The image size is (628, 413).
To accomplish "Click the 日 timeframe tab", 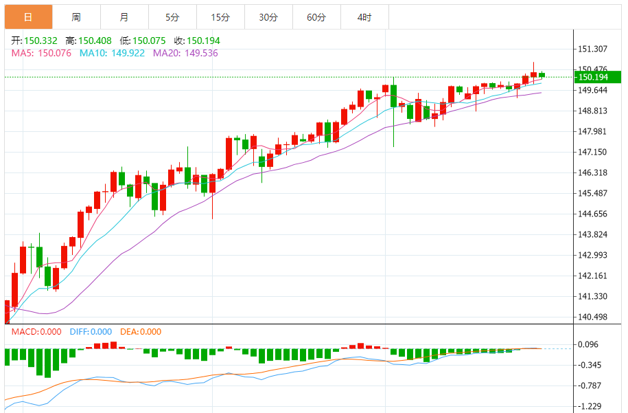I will pos(27,17).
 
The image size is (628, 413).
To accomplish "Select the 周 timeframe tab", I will pos(75,17).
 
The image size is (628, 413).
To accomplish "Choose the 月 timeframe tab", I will pos(124,17).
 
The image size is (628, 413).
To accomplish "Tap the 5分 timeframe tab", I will pos(172,17).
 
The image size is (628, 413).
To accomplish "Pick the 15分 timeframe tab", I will pos(220,17).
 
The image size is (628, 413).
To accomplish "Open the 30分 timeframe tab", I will pos(268,17).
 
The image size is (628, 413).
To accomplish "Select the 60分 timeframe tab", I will pos(316,17).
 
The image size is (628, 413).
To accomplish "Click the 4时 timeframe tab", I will pos(364,17).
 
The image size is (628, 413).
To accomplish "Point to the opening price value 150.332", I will pos(40,41).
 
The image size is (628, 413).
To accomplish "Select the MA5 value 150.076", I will pos(53,53).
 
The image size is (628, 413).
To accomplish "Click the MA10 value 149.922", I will pos(126,53).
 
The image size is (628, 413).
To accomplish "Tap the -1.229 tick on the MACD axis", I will pos(590,406).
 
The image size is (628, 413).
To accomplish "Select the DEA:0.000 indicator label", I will pos(141,332).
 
